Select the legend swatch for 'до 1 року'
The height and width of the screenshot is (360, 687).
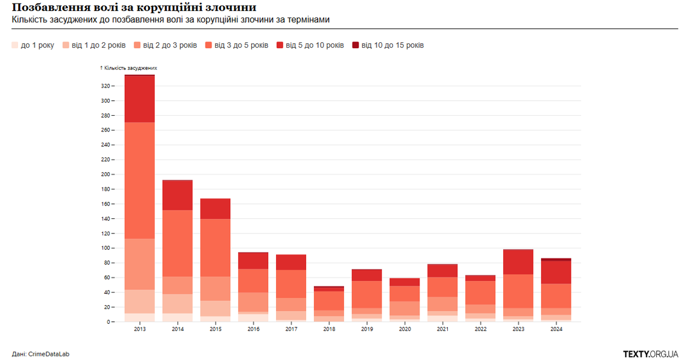pyautogui.click(x=15, y=45)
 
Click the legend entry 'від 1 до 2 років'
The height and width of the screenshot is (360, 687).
pyautogui.click(x=93, y=45)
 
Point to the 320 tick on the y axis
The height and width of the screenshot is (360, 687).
pyautogui.click(x=105, y=86)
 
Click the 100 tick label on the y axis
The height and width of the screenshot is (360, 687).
pyautogui.click(x=105, y=248)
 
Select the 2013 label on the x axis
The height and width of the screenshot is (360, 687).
pyautogui.click(x=139, y=329)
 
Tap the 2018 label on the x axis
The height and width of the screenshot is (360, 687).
pyautogui.click(x=328, y=329)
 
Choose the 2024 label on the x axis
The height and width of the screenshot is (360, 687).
pyautogui.click(x=556, y=329)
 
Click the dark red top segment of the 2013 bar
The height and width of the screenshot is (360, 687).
pyautogui.click(x=139, y=99)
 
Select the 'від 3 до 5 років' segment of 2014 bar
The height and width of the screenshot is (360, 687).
pyautogui.click(x=177, y=243)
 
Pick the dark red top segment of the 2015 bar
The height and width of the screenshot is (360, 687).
pyautogui.click(x=215, y=209)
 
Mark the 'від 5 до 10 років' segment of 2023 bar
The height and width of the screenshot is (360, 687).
pyautogui.click(x=518, y=262)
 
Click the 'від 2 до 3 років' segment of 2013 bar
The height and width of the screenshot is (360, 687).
pyautogui.click(x=139, y=264)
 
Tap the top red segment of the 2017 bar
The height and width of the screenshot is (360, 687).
pyautogui.click(x=291, y=262)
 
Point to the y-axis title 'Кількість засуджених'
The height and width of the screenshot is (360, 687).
pyautogui.click(x=130, y=68)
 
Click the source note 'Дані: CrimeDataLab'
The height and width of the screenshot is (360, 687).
pyautogui.click(x=40, y=354)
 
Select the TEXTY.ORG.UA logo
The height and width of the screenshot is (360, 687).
pyautogui.click(x=650, y=353)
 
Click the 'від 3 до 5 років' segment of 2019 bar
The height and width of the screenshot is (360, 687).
pyautogui.click(x=366, y=294)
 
